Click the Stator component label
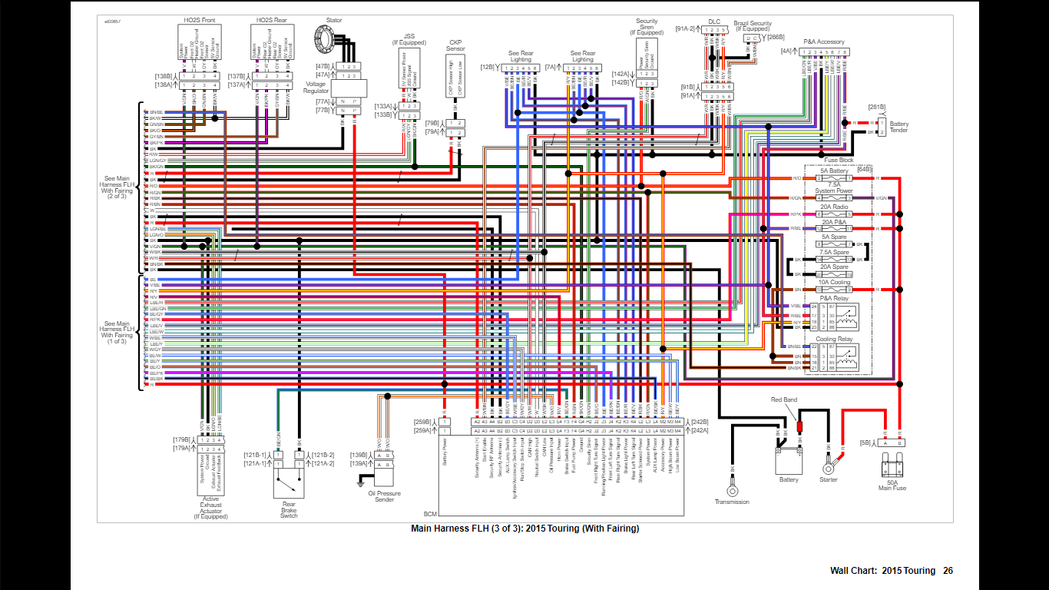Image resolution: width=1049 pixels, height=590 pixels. (x=334, y=21)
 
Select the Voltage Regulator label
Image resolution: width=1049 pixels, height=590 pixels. (x=316, y=88)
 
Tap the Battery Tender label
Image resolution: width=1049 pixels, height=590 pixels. (x=899, y=127)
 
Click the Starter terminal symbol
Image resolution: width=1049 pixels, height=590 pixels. (x=829, y=467)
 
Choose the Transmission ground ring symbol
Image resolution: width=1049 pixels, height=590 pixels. (x=732, y=490)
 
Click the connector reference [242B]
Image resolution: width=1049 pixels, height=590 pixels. (x=700, y=421)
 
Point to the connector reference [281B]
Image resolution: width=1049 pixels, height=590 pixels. (x=877, y=107)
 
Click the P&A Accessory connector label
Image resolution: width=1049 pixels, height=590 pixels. (x=824, y=42)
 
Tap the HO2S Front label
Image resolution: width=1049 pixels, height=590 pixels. (x=199, y=19)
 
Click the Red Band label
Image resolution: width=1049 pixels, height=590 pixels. (x=785, y=400)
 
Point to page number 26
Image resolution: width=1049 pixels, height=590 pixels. (x=948, y=571)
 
